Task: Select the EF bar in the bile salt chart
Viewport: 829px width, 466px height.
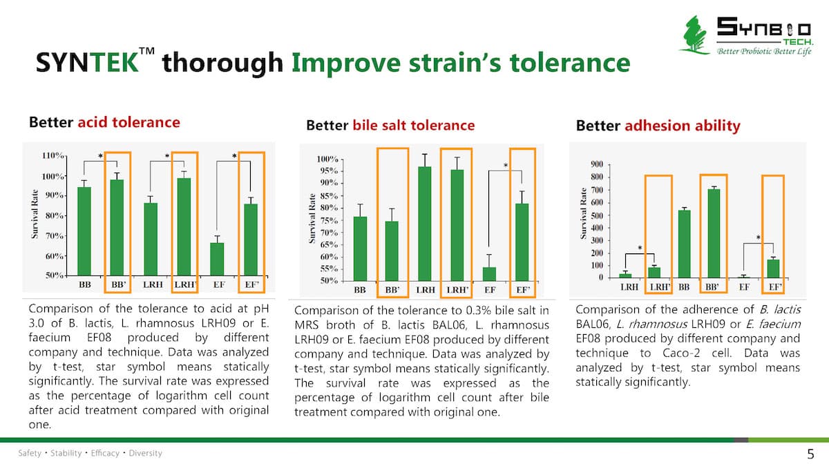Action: coord(489,273)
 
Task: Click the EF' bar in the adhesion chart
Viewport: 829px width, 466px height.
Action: coord(773,268)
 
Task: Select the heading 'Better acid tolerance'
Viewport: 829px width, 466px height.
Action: coord(104,122)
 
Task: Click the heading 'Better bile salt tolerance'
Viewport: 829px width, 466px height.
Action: coord(390,125)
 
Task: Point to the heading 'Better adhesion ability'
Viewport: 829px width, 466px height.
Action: coord(658,126)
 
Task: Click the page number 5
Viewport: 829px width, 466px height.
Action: coord(810,454)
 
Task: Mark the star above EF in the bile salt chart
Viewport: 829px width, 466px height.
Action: coord(506,166)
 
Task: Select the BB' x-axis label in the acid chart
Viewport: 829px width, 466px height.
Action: coord(118,284)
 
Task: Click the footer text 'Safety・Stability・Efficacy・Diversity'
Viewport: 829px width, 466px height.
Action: coord(90,454)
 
